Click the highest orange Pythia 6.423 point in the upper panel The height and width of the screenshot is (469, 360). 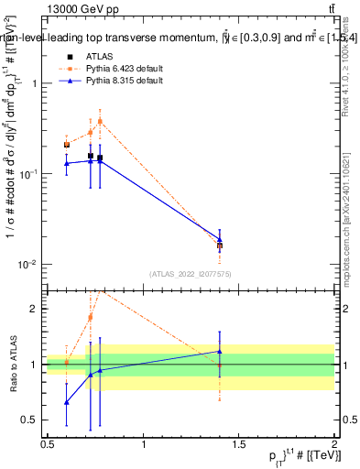click(x=100, y=121)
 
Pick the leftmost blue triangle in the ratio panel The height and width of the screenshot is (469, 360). click(x=67, y=402)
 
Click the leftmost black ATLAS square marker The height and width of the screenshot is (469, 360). click(x=67, y=145)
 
